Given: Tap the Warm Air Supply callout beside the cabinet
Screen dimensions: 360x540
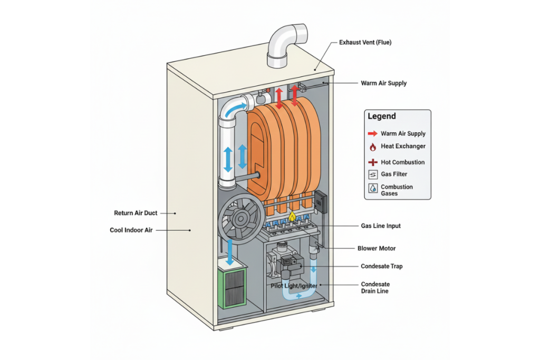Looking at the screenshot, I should click(383, 83).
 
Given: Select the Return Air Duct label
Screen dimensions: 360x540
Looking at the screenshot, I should click(136, 213).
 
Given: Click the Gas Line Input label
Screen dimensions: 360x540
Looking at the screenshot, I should click(380, 226).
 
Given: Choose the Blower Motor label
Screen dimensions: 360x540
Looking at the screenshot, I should click(377, 248).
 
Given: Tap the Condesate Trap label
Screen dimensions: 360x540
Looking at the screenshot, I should click(381, 267).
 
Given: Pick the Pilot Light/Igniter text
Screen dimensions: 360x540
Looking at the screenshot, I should click(293, 285).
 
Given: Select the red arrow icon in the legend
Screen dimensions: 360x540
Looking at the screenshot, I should click(372, 134).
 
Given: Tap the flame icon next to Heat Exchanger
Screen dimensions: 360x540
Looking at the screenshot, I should click(372, 147).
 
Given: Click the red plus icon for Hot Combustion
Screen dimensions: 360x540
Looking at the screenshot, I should click(372, 162).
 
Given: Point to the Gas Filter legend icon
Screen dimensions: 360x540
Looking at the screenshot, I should click(372, 174).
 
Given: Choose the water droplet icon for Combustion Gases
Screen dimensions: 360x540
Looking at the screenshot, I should click(372, 189).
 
